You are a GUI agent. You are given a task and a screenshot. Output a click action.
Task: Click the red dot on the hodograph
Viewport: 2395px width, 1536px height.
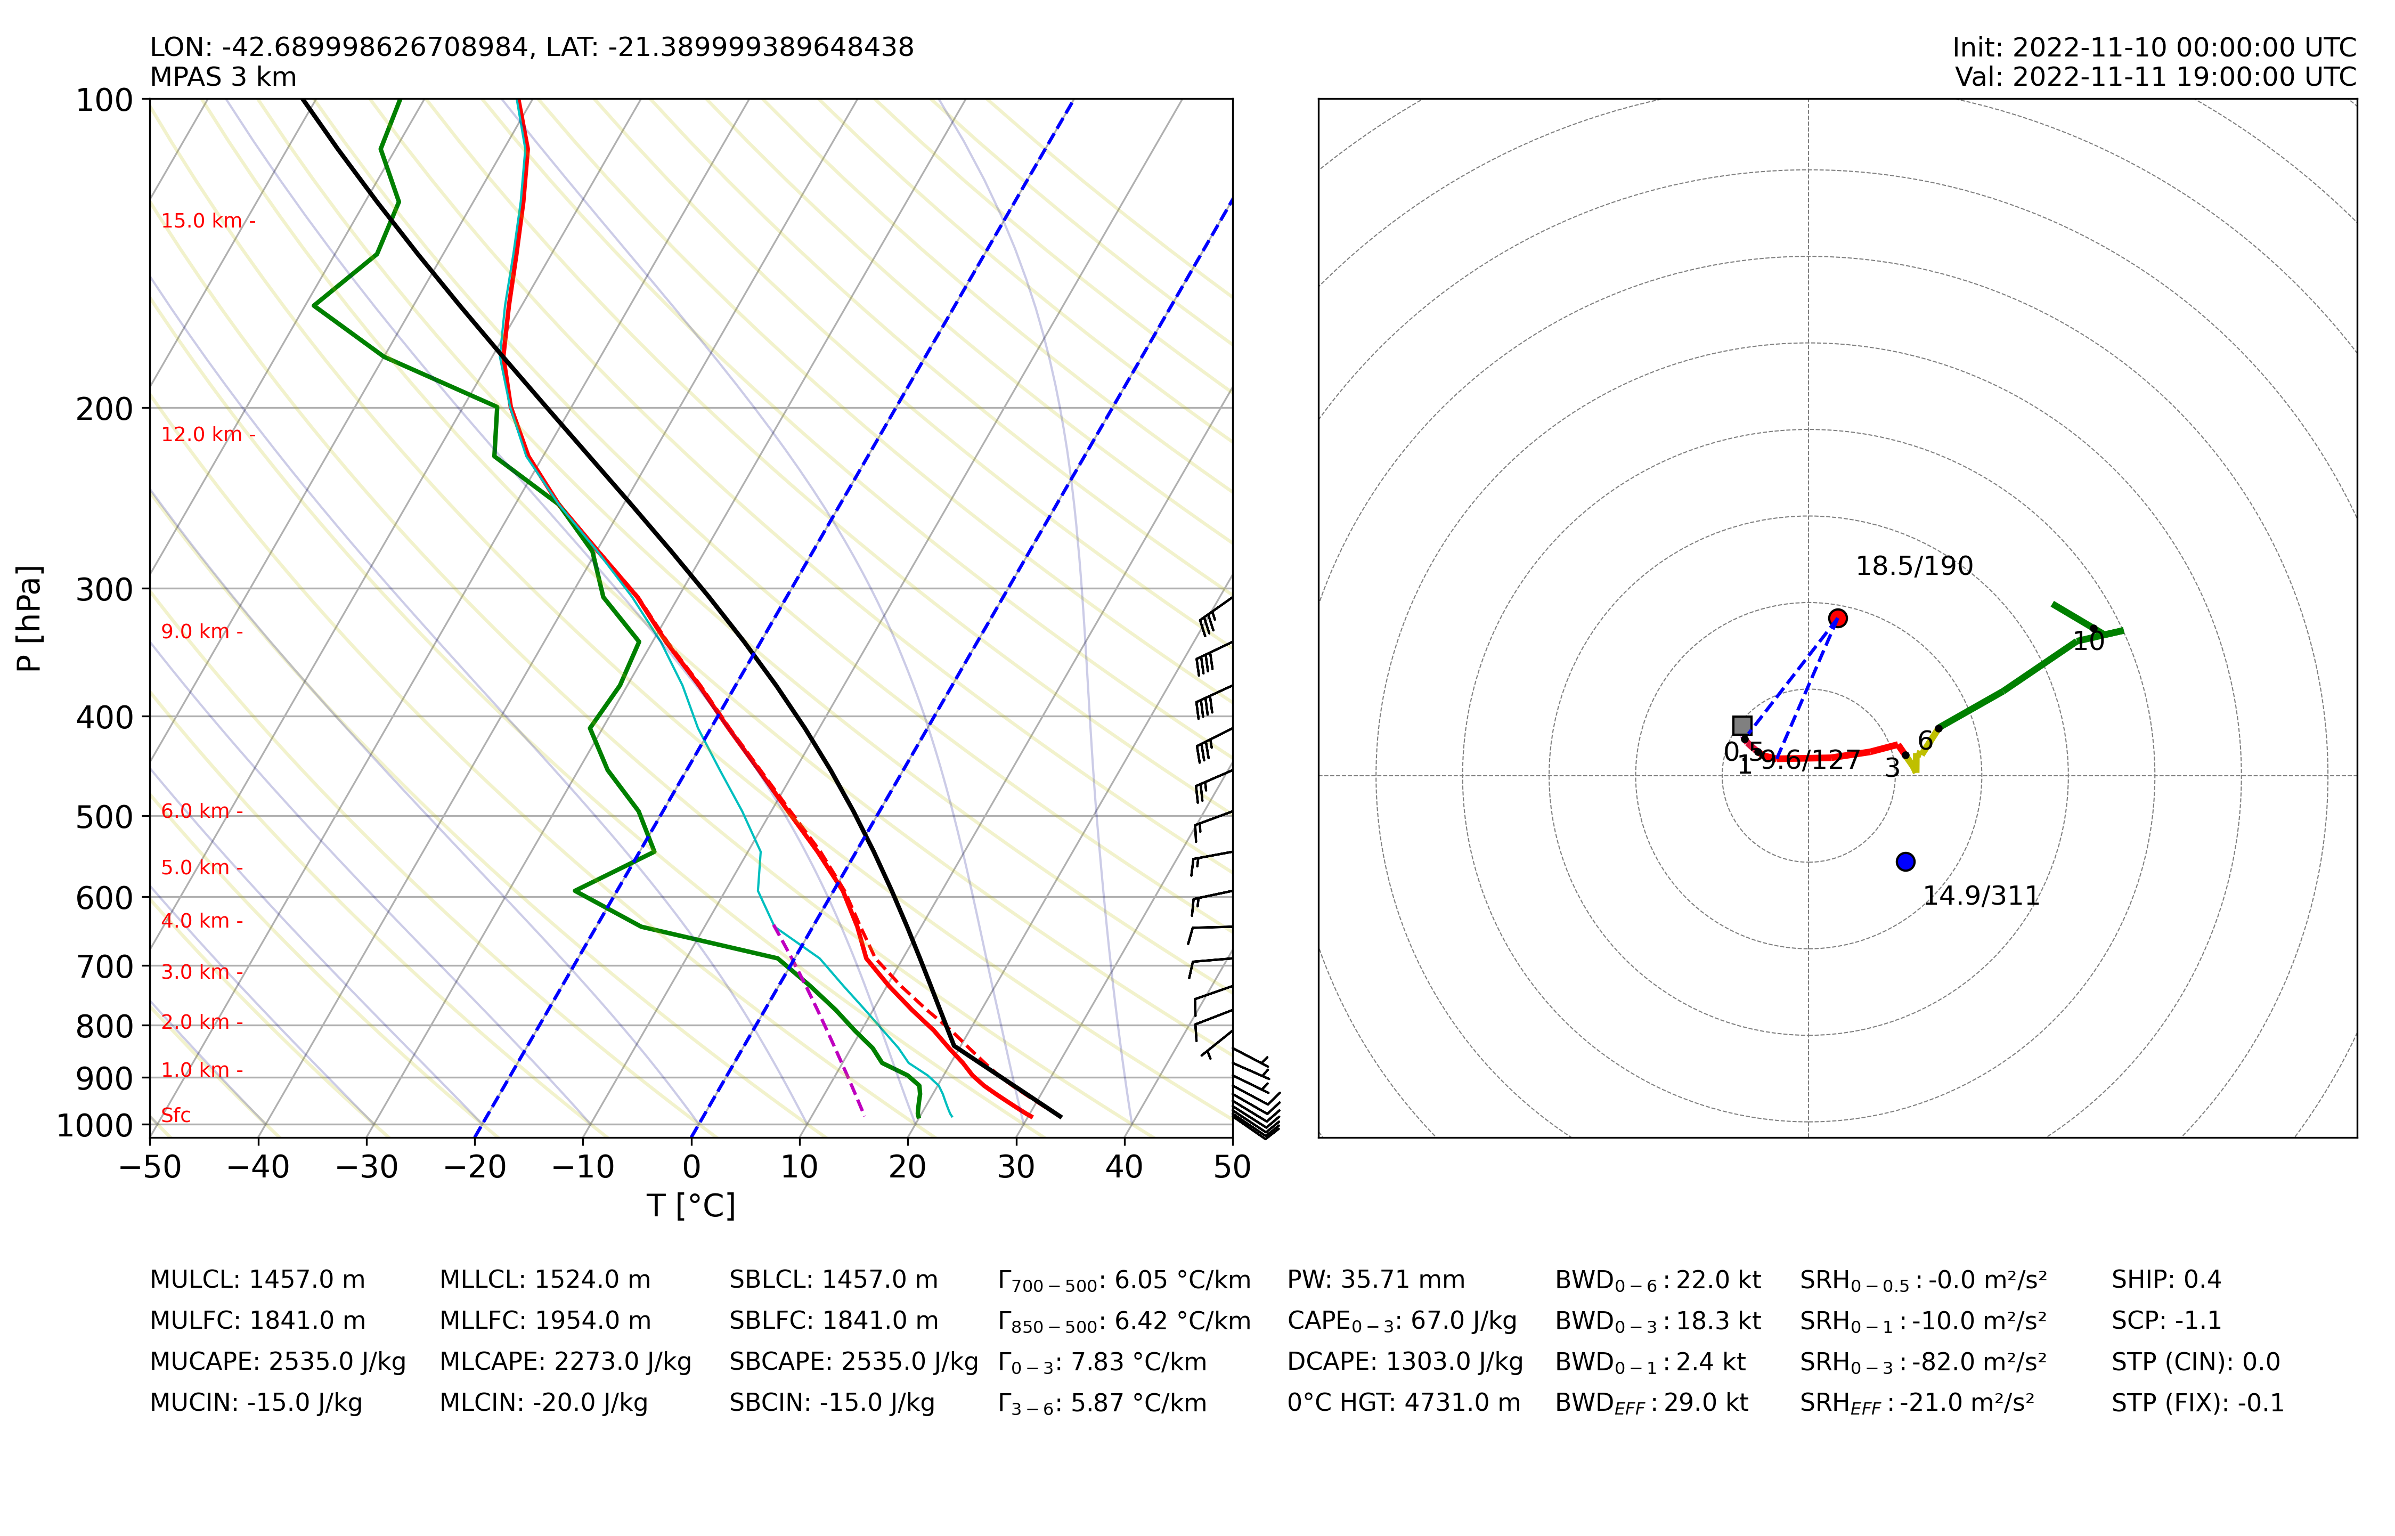pos(1838,619)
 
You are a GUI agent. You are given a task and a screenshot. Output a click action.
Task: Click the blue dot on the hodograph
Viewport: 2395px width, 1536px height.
pos(1905,861)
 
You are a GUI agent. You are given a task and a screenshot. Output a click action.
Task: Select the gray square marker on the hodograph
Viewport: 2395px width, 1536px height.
pos(1742,725)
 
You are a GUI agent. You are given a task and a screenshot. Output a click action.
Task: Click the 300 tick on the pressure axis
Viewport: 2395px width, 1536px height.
pos(104,589)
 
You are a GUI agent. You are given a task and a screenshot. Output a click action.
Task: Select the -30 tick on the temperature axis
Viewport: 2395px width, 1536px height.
pos(367,1167)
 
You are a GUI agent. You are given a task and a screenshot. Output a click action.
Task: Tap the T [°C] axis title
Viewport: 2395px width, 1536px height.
pos(691,1206)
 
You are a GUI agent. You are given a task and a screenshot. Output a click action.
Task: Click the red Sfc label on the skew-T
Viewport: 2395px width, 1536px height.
pos(175,1115)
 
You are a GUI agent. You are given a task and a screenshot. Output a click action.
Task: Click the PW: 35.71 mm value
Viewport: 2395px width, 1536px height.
pos(1376,1280)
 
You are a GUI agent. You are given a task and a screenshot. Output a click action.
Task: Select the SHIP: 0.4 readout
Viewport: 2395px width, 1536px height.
pos(2165,1280)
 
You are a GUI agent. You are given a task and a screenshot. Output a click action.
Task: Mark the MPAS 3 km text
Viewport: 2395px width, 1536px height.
pos(223,77)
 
